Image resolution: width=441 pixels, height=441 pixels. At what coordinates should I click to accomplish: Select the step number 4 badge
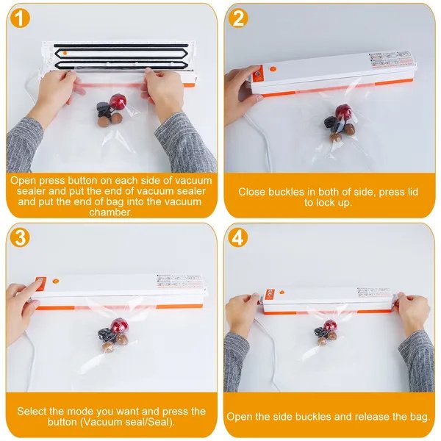(x=238, y=238)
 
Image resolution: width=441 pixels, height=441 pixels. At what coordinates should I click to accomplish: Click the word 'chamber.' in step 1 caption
(x=111, y=212)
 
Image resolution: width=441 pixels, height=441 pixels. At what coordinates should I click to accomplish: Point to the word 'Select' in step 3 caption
(x=33, y=411)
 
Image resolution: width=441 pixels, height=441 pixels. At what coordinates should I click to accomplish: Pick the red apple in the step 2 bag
(x=343, y=112)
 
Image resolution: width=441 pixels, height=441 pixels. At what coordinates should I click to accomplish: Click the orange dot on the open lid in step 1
(x=64, y=53)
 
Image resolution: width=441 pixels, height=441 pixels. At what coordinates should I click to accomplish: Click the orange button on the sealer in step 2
(x=258, y=73)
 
